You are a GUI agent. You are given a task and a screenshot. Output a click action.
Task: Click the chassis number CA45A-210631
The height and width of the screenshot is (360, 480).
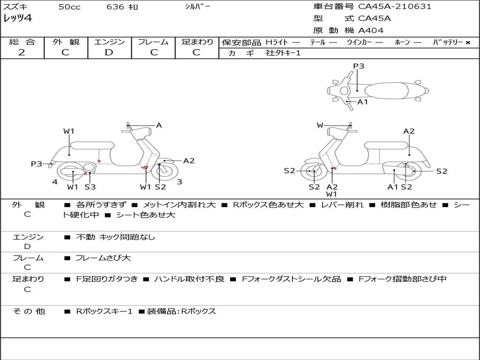pos(395,7)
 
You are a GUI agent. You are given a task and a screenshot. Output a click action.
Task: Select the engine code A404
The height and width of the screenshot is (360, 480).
pos(371,30)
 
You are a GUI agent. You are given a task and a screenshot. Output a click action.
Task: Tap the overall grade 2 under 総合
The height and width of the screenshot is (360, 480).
pos(22,52)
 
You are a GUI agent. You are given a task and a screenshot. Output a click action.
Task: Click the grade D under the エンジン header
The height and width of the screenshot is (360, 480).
pos(109,52)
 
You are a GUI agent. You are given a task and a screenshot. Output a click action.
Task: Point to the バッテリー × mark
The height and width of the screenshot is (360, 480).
pos(467,43)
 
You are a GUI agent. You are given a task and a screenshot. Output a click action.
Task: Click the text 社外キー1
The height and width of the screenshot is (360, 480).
pos(283,53)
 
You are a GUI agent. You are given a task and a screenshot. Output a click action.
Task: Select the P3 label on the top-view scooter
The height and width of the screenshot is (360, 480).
pos(359,66)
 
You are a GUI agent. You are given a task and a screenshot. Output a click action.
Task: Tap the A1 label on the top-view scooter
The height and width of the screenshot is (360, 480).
pos(362,102)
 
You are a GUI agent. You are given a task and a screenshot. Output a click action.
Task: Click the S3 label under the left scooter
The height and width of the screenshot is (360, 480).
pos(90,187)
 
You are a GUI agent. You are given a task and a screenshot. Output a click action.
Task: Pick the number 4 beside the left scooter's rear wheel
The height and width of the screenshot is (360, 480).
pos(55,182)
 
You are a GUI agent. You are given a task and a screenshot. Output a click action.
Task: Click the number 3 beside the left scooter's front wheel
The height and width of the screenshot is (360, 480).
pos(180,182)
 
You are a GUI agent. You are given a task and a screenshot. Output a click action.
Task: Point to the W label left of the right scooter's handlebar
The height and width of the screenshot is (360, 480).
pos(320,125)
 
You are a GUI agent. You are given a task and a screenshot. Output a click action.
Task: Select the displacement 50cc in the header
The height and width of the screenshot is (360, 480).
pos(69,7)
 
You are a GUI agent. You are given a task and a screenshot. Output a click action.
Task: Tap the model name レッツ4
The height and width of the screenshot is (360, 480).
pos(17,18)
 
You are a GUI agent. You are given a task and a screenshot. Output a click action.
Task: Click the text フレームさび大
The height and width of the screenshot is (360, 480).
pos(103,258)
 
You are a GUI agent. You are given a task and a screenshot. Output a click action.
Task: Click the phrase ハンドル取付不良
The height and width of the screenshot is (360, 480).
pos(189,279)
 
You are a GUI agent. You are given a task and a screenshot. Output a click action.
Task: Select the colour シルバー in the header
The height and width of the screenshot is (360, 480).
pos(197,7)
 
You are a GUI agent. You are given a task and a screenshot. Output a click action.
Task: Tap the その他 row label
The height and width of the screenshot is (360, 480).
pos(29,311)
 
